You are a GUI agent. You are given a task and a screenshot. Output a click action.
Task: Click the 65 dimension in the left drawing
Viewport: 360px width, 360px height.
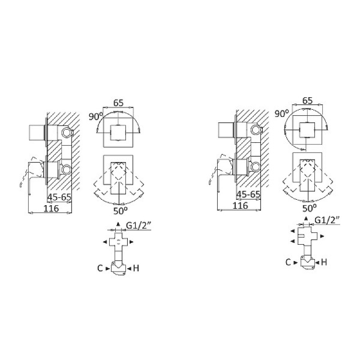[118, 103]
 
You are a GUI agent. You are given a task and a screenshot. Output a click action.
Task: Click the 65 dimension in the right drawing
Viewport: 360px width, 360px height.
[307, 100]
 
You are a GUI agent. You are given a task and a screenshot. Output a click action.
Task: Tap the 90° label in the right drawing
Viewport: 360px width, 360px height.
[282, 113]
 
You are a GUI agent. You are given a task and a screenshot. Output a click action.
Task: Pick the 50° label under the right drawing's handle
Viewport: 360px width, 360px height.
[310, 208]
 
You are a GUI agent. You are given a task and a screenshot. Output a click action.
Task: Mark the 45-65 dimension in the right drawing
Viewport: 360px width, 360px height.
[248, 195]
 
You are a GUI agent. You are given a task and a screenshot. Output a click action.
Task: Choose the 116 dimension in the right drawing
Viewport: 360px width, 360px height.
[241, 206]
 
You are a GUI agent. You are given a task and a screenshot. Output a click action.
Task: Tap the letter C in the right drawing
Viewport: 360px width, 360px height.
[288, 262]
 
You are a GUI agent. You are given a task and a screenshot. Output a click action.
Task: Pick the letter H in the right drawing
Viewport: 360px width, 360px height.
[324, 262]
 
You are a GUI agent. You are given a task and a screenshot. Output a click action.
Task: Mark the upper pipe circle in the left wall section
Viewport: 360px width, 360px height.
[65, 132]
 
